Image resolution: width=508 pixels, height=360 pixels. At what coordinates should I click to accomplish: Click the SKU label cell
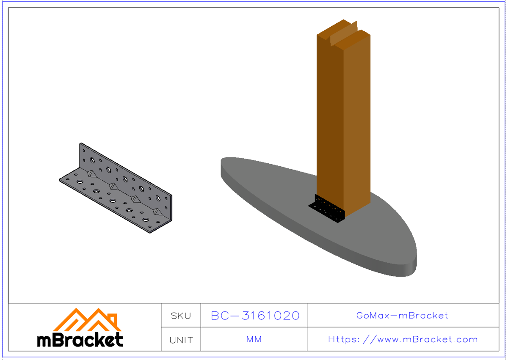point(181,316)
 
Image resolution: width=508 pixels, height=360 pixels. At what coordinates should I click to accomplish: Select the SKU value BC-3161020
point(255,316)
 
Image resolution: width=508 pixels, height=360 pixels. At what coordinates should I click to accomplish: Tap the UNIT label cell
point(181,340)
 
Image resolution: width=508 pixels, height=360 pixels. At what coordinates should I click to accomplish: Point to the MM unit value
point(254,339)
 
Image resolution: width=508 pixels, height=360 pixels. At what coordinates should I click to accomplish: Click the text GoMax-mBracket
point(402,316)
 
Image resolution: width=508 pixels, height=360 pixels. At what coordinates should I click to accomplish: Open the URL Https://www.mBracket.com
point(403,339)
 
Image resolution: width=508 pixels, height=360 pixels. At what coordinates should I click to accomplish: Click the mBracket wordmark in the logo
point(80,340)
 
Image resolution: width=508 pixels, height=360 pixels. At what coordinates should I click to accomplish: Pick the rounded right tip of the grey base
point(413,258)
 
